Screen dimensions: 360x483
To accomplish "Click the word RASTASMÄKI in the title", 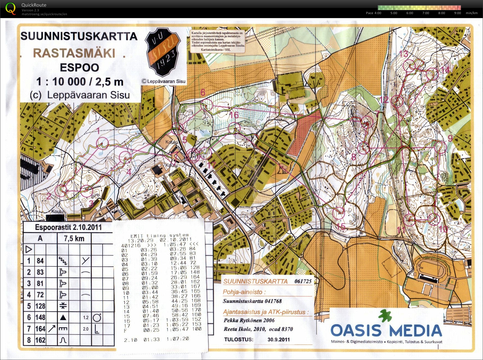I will click(74, 53).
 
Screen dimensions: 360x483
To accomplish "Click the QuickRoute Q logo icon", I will click(10, 9).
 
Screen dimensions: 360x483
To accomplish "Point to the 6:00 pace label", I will click(410, 13).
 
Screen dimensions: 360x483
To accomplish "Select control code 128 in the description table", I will click(40, 306).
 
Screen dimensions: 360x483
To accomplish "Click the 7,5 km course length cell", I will click(74, 238).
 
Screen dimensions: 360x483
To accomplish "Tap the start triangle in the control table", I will click(29, 249).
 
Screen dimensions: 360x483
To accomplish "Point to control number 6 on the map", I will click(203, 92).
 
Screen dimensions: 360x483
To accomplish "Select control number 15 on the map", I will click(341, 227).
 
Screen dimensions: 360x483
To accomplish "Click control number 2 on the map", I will click(49, 196).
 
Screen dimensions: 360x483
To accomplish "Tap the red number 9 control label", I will click(450, 138).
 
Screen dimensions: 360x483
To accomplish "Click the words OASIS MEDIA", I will click(386, 330).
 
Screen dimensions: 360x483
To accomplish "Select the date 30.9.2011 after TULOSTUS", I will click(278, 339).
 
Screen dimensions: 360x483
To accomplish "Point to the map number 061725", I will click(303, 281).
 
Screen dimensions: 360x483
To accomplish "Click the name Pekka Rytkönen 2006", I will click(249, 320).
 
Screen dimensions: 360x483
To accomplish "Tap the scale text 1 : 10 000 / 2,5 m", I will click(80, 81).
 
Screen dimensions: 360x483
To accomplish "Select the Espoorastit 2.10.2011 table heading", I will click(68, 227).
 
